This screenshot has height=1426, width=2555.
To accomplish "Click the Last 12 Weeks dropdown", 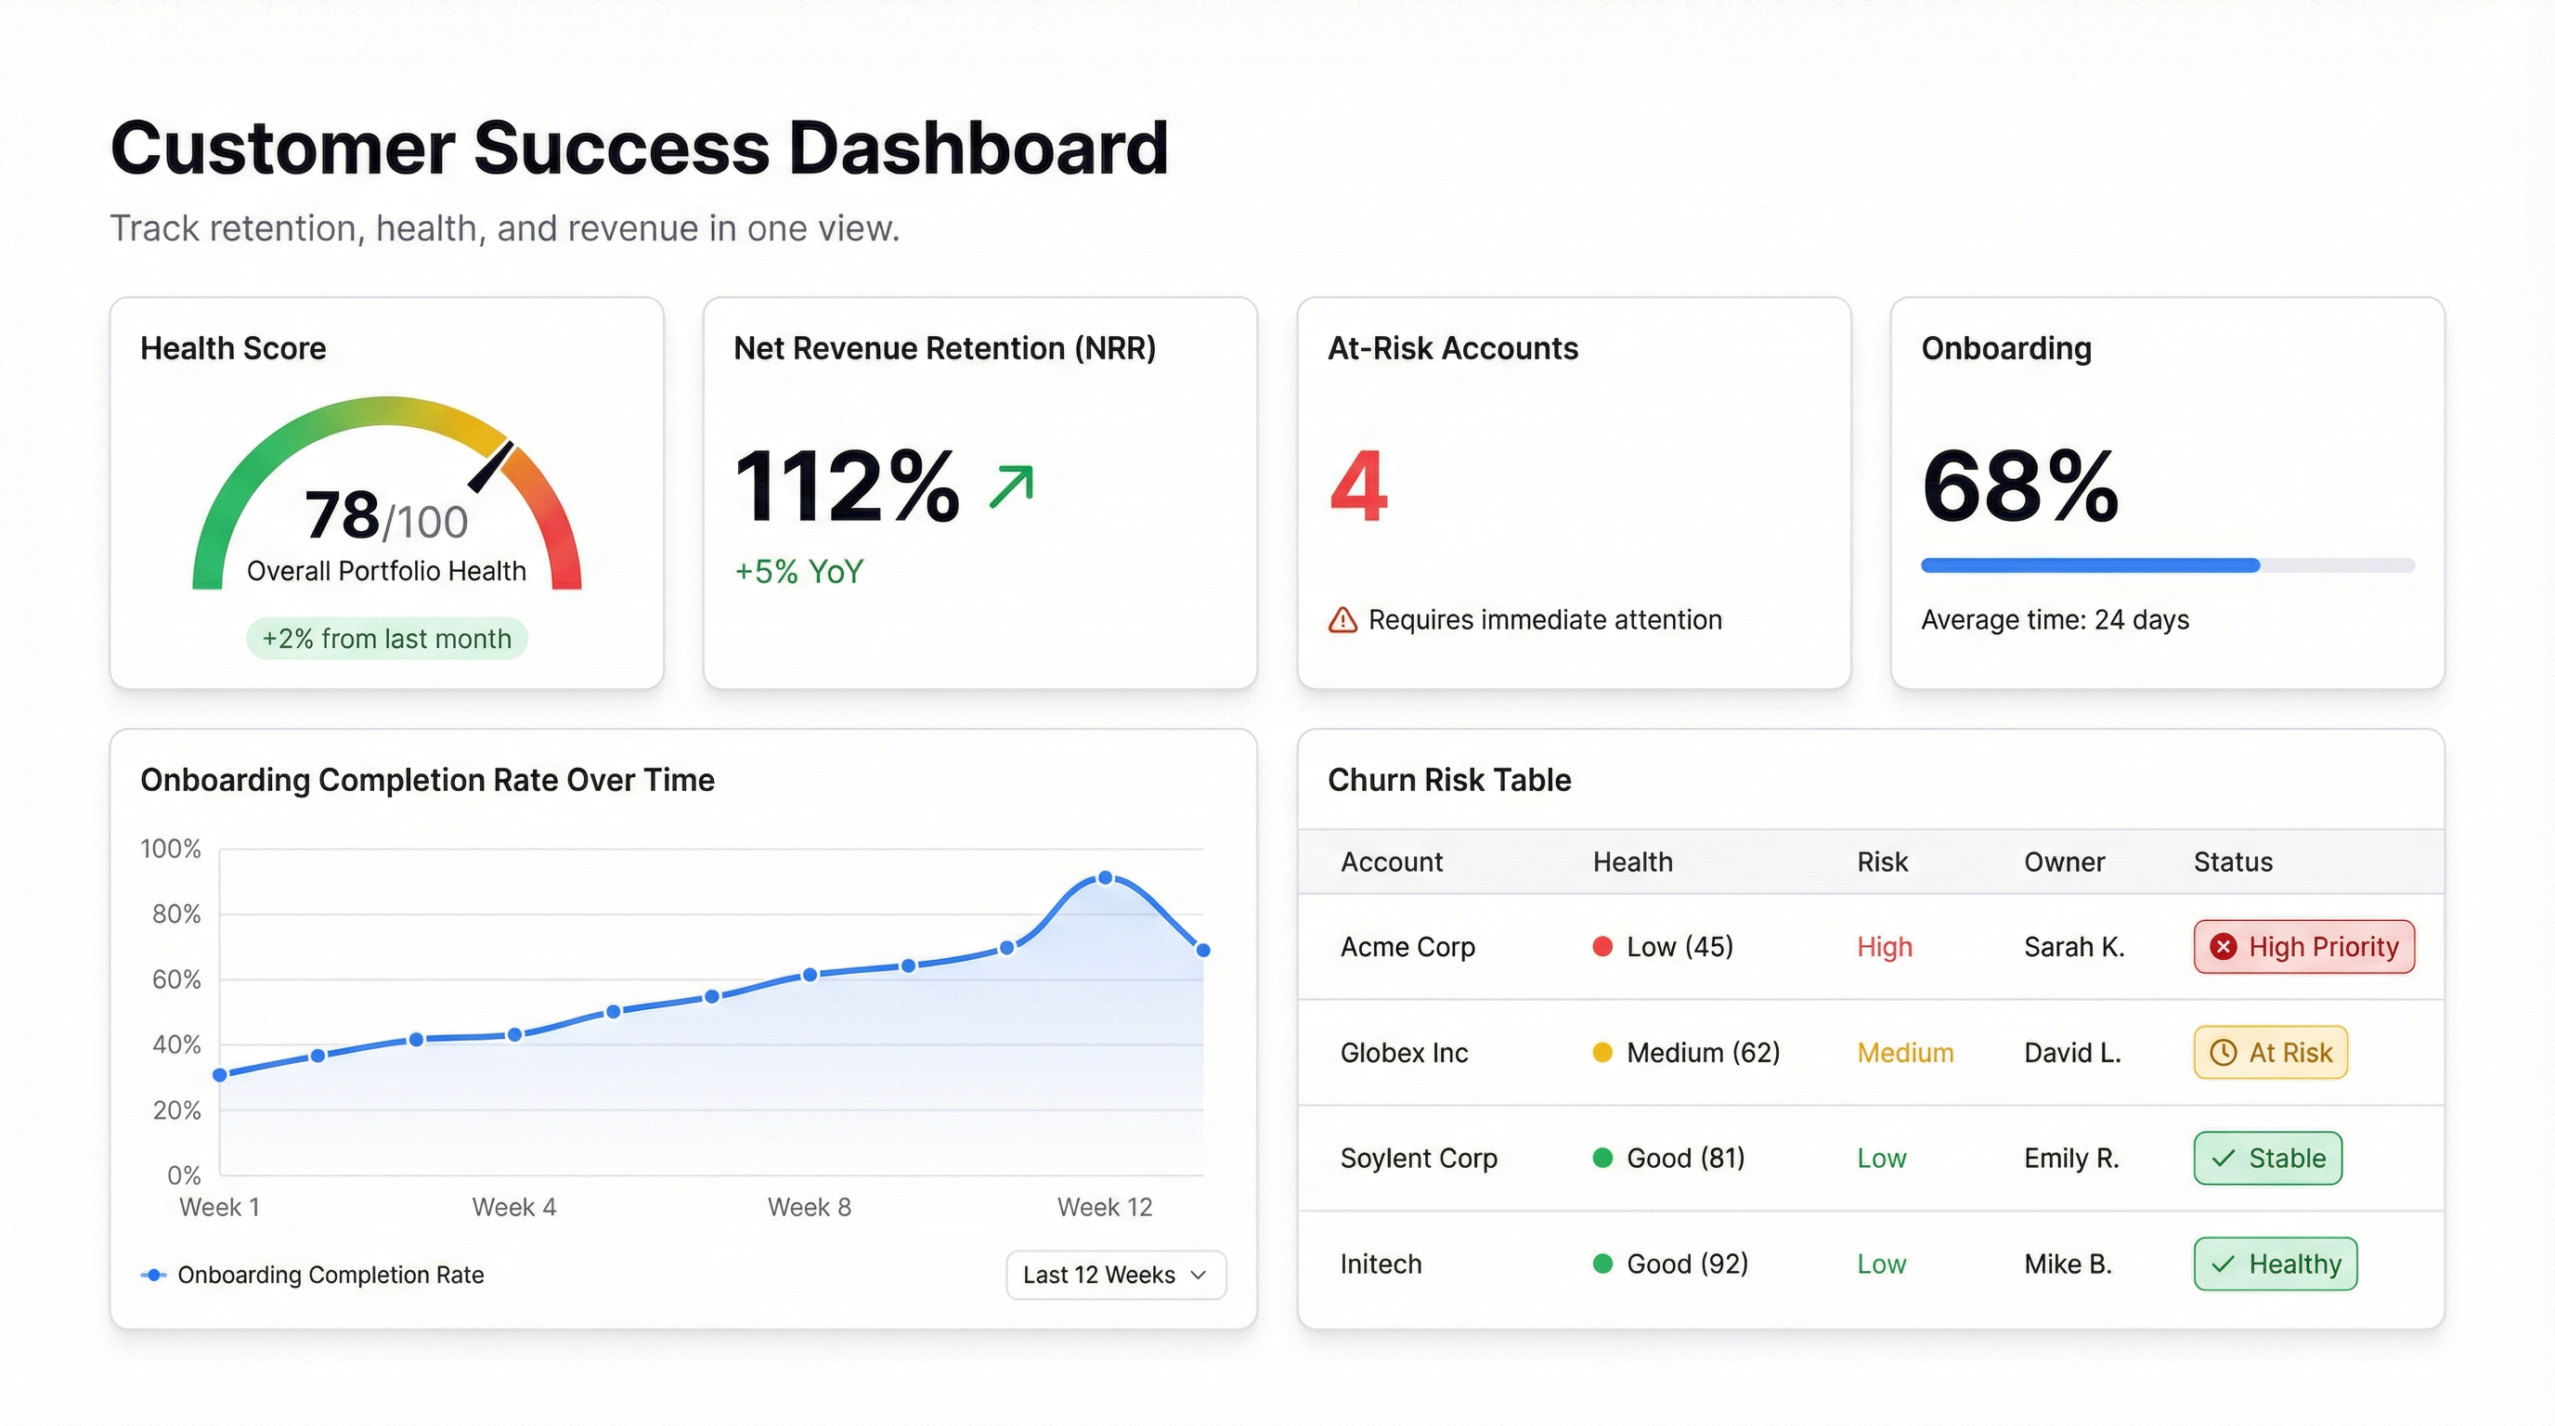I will pos(1116,1275).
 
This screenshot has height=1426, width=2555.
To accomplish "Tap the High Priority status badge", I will pos(2303,947).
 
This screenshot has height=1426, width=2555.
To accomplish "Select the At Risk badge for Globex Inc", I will pos(2269,1052).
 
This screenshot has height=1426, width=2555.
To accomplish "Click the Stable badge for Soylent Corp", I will pos(2267,1159).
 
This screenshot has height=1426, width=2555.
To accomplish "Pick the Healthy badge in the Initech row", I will pos(2275,1264).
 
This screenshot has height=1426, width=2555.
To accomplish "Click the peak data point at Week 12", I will pos(1105,877).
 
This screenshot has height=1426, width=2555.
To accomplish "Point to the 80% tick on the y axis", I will pos(176,914).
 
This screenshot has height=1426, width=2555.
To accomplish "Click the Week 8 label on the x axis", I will pos(809,1207).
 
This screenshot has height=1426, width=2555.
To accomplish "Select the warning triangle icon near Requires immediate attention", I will pos(1342,621).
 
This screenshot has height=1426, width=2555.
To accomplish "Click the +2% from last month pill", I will pos(387,639).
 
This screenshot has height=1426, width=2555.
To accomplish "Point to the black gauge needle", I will pos(491,466).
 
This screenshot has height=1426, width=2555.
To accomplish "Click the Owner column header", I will pos(2063,862).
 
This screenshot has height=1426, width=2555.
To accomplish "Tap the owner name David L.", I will pos(2072,1052).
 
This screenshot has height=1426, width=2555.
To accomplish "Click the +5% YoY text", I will pos(798,572).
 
